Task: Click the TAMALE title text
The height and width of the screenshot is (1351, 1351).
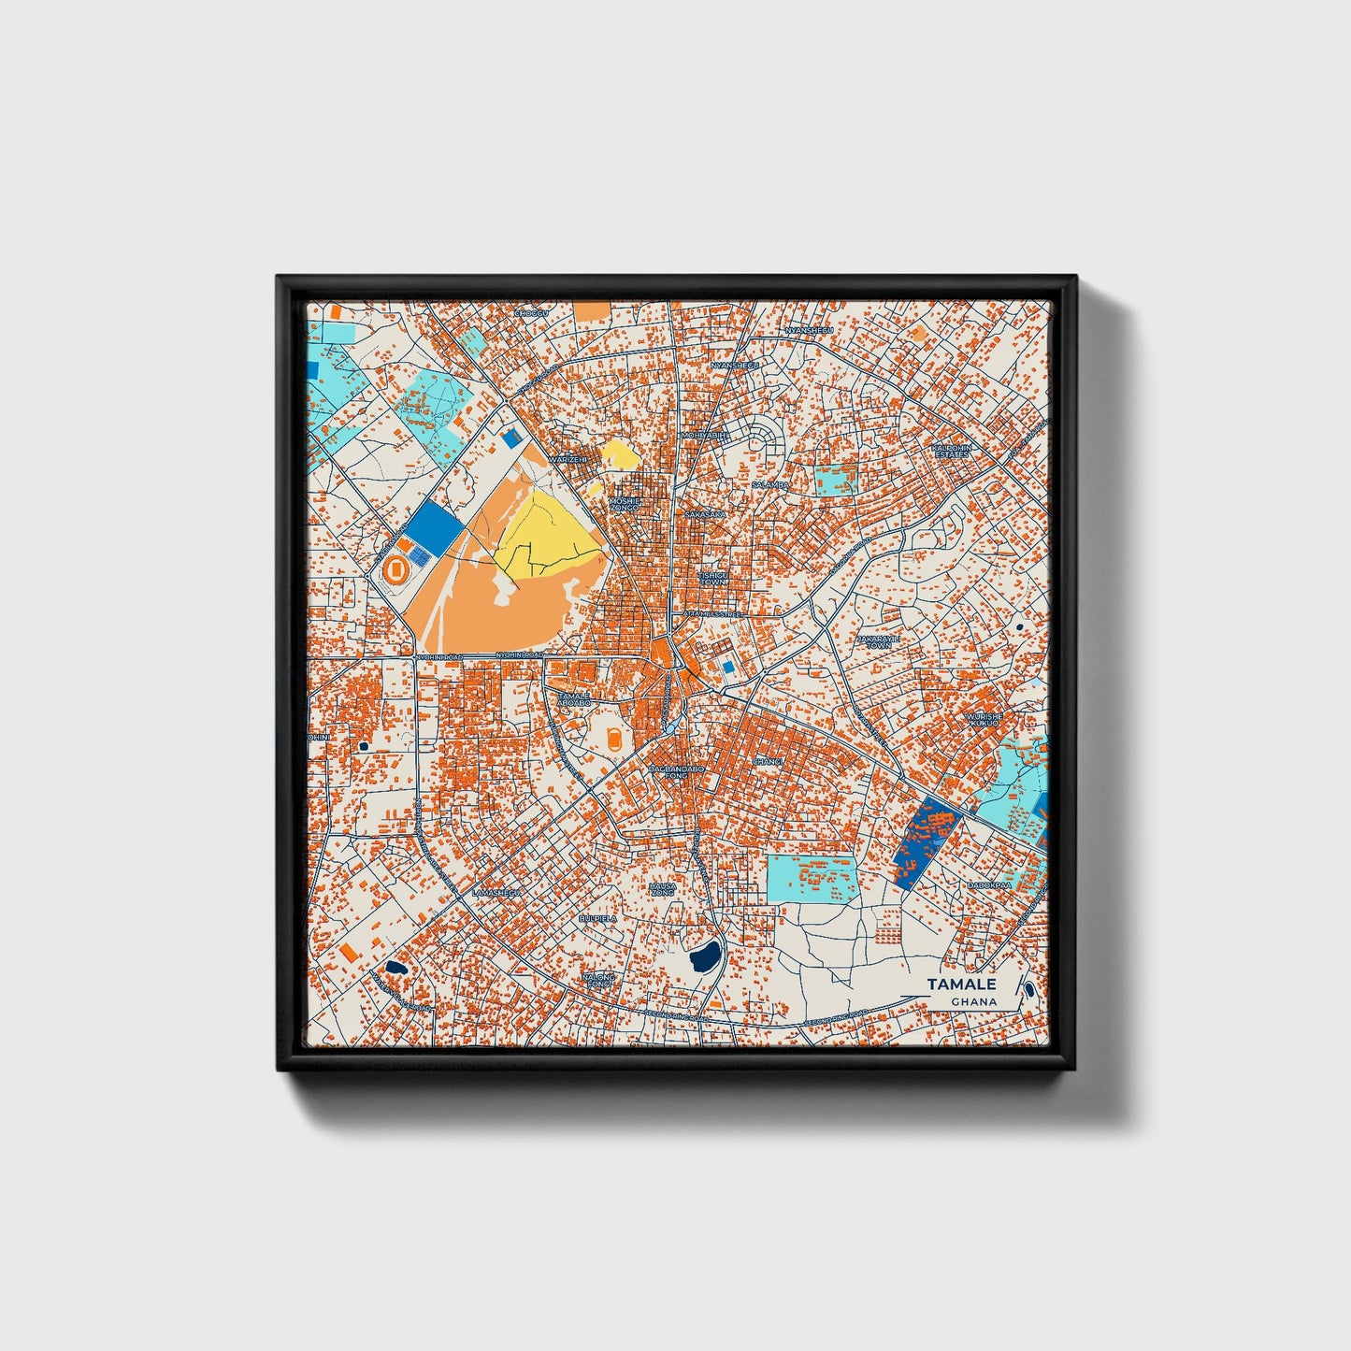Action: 961,984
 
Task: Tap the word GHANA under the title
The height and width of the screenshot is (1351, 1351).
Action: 973,1002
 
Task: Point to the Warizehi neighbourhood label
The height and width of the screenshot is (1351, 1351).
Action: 568,460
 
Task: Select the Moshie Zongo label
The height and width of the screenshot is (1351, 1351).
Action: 624,504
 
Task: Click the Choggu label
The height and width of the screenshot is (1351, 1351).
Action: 530,314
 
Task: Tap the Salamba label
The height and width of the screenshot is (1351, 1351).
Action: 769,485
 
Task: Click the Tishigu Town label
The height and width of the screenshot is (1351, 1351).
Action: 712,579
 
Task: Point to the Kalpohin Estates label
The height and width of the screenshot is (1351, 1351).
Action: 952,451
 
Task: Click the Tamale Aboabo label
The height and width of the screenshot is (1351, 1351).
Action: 573,699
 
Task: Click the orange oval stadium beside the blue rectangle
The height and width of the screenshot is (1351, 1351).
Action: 395,568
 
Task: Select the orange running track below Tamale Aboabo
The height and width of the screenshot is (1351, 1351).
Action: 613,738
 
